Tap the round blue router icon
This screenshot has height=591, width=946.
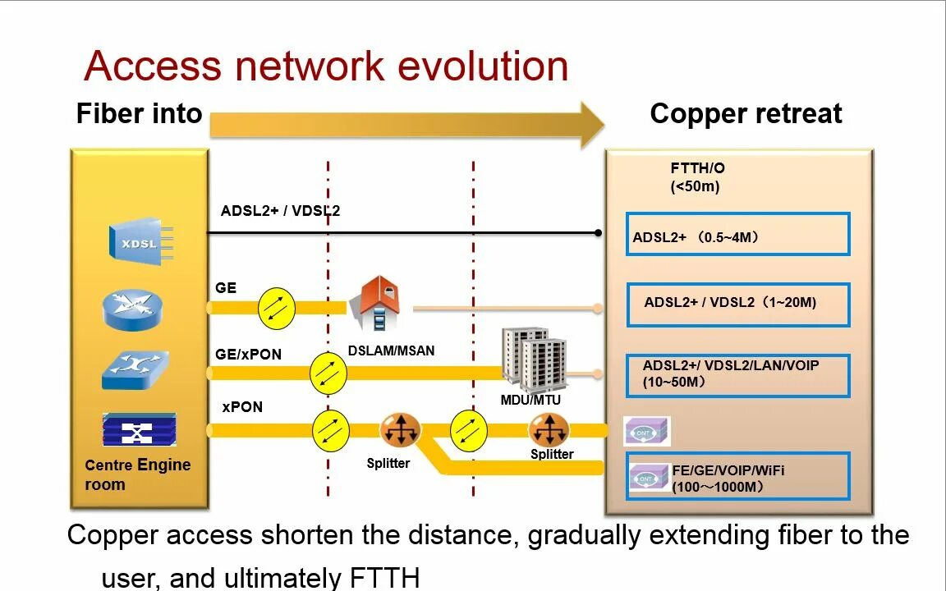[133, 309]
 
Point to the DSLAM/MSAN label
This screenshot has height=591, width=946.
[391, 350]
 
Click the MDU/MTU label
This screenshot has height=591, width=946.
[530, 400]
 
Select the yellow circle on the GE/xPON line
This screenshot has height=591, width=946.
[328, 373]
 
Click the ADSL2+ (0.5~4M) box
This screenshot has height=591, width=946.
[737, 235]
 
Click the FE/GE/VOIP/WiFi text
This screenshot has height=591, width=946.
[728, 470]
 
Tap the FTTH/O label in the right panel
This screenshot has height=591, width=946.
[697, 168]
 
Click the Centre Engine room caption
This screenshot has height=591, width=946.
[137, 474]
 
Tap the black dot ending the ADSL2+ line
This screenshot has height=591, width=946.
[598, 233]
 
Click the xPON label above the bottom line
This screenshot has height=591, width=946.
[242, 407]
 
